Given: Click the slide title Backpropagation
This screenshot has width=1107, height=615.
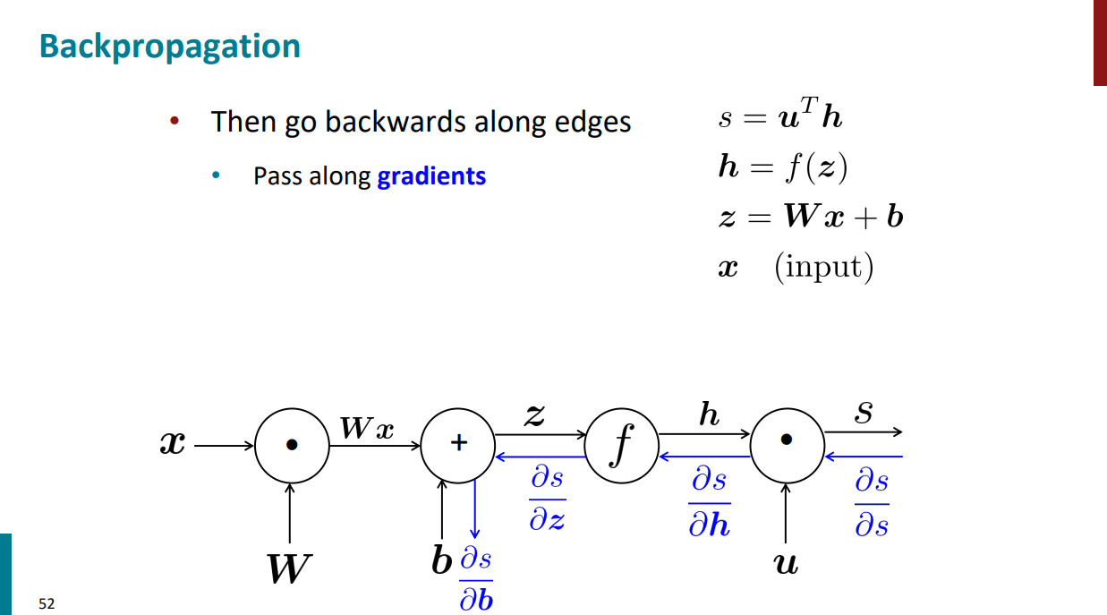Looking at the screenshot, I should [170, 47].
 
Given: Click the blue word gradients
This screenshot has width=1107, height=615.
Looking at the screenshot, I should [431, 175].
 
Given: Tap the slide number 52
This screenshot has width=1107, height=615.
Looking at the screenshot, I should [47, 604].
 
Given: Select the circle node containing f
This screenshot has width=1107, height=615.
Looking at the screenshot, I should [621, 444].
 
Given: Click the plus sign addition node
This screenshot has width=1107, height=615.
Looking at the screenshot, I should [457, 444].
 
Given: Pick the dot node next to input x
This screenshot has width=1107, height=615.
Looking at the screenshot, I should [292, 444].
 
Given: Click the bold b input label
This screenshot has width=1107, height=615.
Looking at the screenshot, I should [441, 562].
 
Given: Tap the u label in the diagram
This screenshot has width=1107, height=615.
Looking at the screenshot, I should [786, 563].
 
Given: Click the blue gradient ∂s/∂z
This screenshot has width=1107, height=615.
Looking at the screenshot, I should [547, 500].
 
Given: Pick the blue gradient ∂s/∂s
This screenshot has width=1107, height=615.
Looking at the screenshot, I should [872, 503].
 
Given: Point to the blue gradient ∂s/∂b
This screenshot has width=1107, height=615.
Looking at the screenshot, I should [476, 579].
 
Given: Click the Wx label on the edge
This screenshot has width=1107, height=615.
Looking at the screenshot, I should [367, 429].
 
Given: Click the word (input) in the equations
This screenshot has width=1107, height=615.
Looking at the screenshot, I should [823, 267].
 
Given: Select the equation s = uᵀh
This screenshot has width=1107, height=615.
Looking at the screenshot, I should [779, 117].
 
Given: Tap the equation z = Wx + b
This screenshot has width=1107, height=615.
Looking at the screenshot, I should [810, 218].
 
